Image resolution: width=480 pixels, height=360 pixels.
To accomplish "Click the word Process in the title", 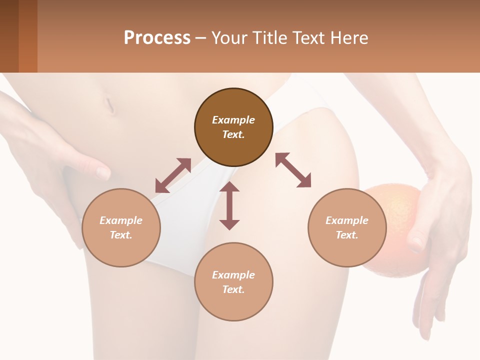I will point(157,38).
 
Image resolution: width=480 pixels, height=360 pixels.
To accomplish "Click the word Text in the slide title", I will point(313,38).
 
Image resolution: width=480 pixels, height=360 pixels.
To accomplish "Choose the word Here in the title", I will point(351,38).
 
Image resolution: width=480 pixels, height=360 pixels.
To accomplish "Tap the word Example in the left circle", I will point(121,220).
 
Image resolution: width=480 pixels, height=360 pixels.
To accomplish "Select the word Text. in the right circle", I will point(347,235).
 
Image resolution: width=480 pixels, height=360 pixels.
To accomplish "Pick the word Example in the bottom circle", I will point(233,275).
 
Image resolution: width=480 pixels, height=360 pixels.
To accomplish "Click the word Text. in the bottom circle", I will point(233,289).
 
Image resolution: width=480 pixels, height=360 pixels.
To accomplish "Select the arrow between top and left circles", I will point(173,175).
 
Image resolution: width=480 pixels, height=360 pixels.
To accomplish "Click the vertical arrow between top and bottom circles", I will point(229,205).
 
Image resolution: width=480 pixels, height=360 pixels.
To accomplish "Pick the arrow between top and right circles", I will point(293,170).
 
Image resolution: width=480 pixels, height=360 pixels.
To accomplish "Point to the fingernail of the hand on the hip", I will point(103,173).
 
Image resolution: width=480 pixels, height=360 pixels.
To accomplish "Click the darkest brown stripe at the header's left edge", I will point(9,36).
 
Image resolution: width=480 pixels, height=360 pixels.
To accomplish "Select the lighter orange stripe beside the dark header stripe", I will point(28,36).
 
